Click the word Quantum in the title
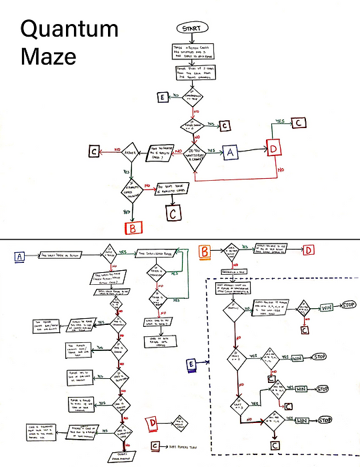click(69, 29)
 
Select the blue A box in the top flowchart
click(231, 151)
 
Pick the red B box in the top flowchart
click(133, 227)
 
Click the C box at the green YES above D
click(299, 122)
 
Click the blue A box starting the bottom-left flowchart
click(18, 256)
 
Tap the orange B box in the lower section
click(205, 251)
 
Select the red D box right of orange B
click(309, 250)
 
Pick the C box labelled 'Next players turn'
click(155, 446)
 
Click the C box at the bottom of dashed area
click(274, 443)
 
